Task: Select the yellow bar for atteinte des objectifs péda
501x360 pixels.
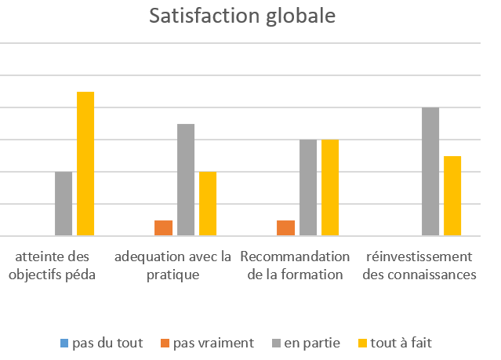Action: point(85,163)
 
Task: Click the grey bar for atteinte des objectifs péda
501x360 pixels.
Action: point(64,203)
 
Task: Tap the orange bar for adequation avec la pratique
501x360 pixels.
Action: point(163,227)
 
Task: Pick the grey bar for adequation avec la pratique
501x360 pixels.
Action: point(186,180)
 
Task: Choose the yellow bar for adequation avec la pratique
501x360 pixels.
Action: point(208,203)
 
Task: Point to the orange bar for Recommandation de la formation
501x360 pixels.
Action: point(286,227)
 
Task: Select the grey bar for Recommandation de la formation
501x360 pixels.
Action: point(308,187)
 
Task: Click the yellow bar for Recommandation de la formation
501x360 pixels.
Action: point(330,187)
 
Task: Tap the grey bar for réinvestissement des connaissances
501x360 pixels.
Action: point(430,171)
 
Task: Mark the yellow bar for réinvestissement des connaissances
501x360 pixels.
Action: point(452,195)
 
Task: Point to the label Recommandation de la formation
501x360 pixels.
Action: point(295,266)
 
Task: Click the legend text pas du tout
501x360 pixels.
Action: point(104,343)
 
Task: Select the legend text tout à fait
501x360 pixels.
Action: point(402,343)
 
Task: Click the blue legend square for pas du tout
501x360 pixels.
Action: point(64,343)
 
